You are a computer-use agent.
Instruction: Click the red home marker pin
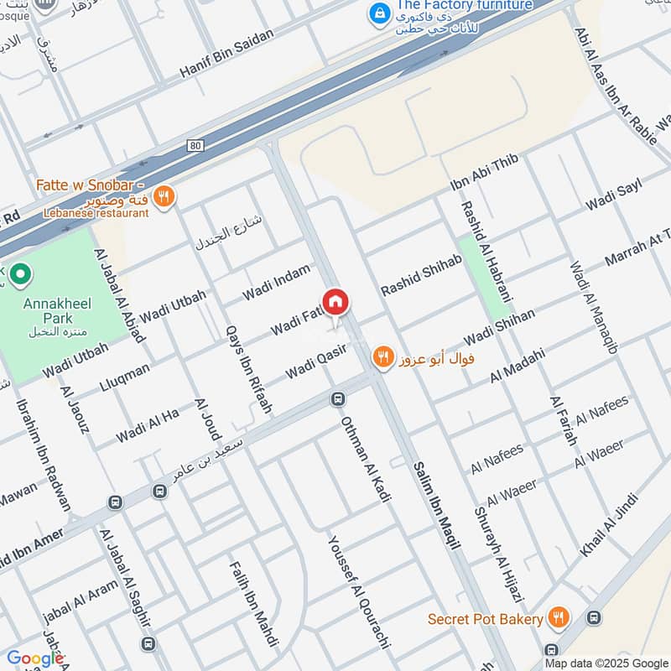(335, 303)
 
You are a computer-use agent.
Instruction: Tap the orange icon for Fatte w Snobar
(164, 196)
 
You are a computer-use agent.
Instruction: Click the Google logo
(34, 658)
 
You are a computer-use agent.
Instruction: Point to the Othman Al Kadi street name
(367, 460)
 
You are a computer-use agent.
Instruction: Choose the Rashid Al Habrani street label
(486, 251)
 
